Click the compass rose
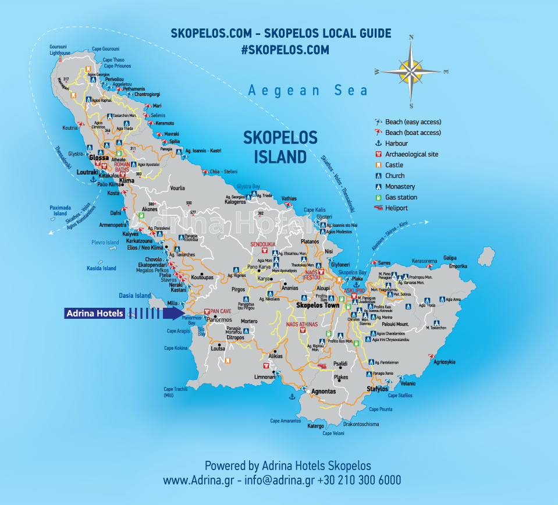[411, 72]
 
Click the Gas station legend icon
[379, 197]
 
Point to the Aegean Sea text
[308, 90]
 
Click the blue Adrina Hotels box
[95, 314]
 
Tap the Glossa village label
[99, 158]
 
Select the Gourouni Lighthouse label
[59, 50]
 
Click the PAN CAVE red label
[221, 312]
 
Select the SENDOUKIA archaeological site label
[263, 244]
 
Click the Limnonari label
[265, 378]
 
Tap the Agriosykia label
[445, 362]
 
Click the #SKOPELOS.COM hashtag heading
[285, 50]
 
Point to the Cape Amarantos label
[285, 421]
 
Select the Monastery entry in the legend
[400, 187]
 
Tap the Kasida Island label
[102, 269]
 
